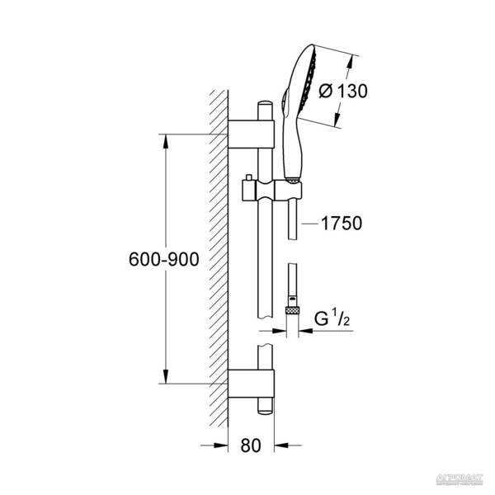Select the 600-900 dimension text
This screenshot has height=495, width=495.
(x=164, y=259)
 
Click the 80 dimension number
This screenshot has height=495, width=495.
(x=252, y=446)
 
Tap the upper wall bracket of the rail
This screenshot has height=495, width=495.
(x=251, y=131)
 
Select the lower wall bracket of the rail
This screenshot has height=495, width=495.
(x=251, y=384)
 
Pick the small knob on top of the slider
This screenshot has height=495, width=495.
(x=247, y=178)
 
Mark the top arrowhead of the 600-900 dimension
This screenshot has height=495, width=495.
(x=167, y=139)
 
